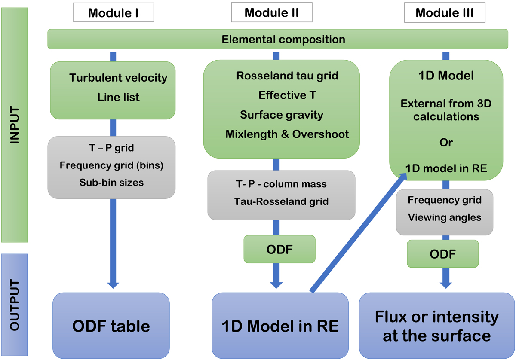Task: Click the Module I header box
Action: click(113, 13)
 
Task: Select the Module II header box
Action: click(272, 13)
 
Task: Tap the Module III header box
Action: click(445, 13)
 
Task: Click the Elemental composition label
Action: click(283, 40)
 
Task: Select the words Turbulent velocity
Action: click(118, 78)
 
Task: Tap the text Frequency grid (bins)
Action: click(111, 165)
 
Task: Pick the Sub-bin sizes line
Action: click(111, 182)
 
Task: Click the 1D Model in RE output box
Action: click(280, 326)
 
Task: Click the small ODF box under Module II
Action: click(279, 249)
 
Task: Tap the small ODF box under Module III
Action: click(443, 254)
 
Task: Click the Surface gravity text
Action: click(282, 115)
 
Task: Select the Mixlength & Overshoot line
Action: click(287, 134)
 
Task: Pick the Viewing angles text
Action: click(445, 217)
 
